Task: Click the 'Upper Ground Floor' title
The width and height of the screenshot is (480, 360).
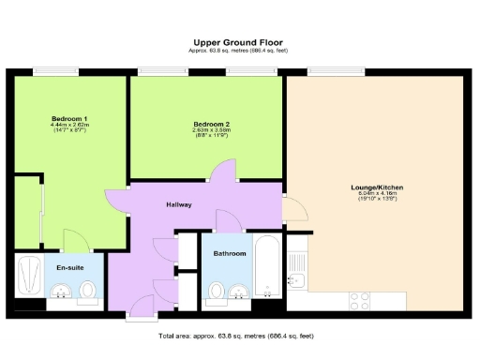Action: point(239,42)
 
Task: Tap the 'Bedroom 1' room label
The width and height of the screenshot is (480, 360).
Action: point(69,118)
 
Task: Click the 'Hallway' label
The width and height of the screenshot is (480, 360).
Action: point(179,203)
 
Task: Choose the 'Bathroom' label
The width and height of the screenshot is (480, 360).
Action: point(229,254)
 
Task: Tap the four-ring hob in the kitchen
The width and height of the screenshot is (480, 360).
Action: point(360,300)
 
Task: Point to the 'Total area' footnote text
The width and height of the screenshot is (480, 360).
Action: point(239,335)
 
